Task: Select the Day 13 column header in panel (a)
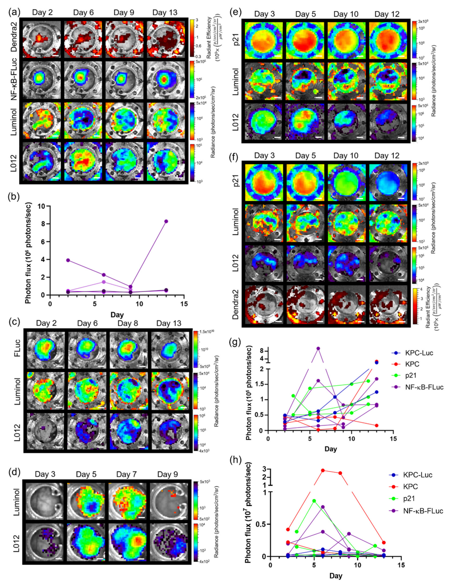(x=165, y=13)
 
